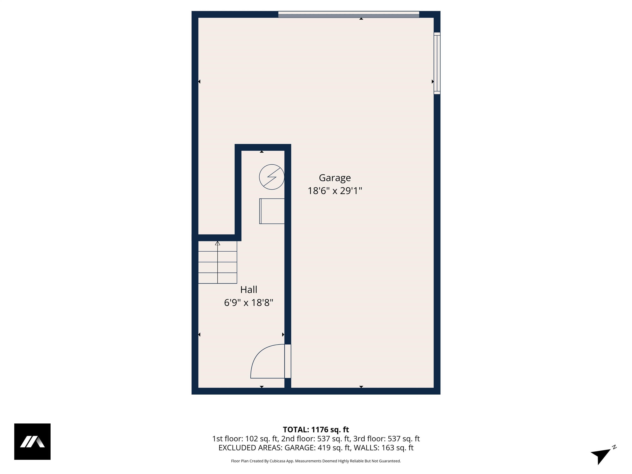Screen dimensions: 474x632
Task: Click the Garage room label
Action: click(x=335, y=178)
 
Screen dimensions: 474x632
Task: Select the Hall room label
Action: click(x=249, y=290)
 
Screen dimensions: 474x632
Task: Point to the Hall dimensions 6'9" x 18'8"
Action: click(x=249, y=303)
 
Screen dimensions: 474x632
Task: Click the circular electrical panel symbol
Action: click(x=271, y=177)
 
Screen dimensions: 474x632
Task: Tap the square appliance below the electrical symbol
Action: click(x=272, y=211)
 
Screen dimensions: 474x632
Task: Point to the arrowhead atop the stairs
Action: click(x=217, y=243)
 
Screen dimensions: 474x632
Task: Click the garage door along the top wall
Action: click(x=349, y=14)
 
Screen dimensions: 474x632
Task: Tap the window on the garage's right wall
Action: click(x=437, y=63)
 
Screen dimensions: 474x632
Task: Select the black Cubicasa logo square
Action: click(x=32, y=441)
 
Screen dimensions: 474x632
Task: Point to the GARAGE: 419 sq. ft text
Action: click(x=317, y=448)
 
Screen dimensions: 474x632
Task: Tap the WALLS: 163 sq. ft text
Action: click(x=383, y=448)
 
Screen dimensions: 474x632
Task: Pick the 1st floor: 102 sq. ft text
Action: click(x=245, y=439)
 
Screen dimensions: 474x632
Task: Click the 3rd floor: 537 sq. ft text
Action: click(x=386, y=439)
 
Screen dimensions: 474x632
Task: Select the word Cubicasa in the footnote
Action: click(x=277, y=461)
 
